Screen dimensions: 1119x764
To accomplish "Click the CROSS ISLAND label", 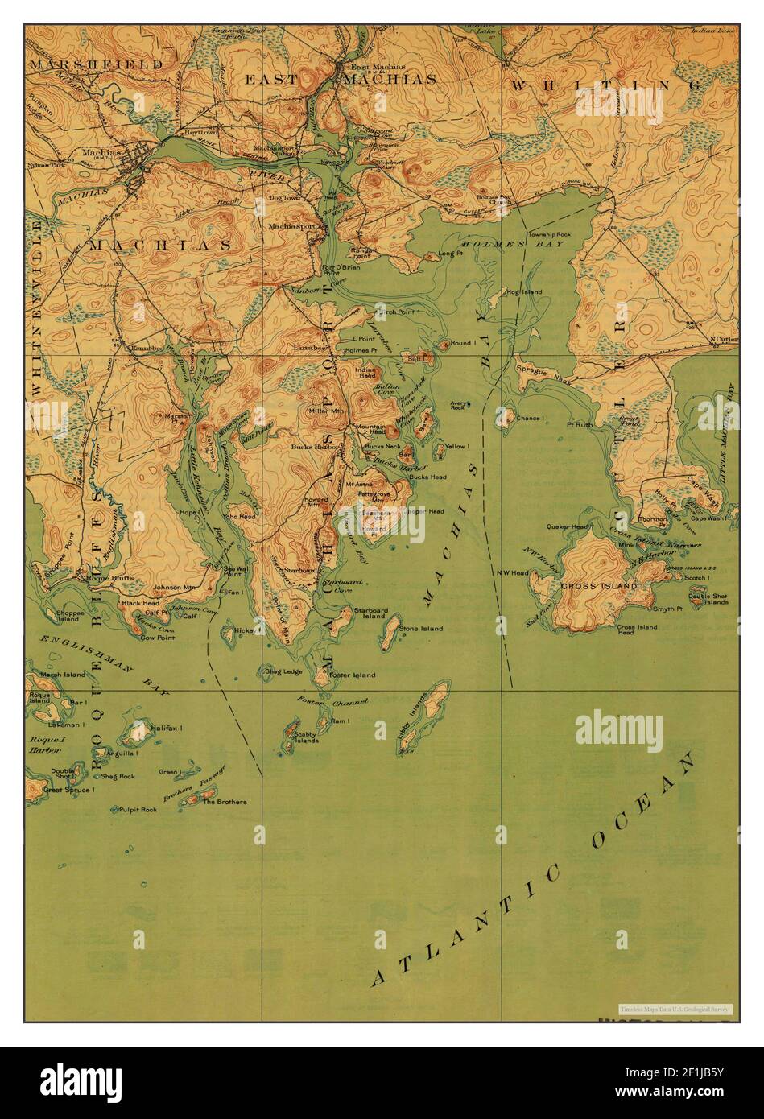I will click(600, 586).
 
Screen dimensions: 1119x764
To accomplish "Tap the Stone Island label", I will click(421, 628).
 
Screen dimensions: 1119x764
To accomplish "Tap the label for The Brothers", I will click(225, 802).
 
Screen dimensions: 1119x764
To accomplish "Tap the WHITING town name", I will click(618, 84).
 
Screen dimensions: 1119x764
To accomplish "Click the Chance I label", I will click(530, 418).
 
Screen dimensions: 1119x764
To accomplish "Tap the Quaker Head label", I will click(567, 527).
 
